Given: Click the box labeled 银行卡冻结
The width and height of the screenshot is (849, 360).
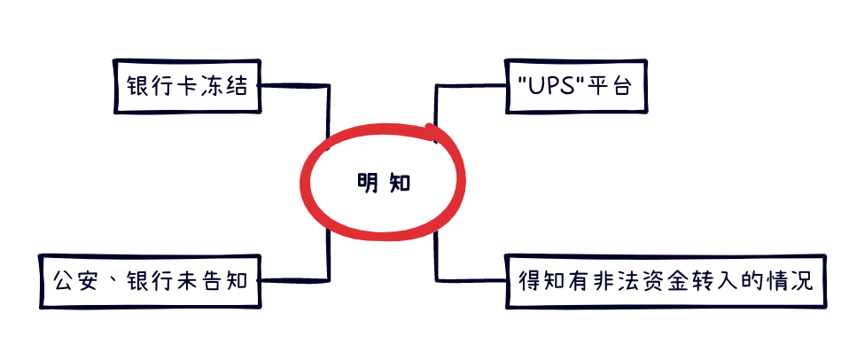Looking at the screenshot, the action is pyautogui.click(x=189, y=86).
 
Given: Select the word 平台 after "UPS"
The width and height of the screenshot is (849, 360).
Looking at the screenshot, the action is pyautogui.click(x=604, y=87).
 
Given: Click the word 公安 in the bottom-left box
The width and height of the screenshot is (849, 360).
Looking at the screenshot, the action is pyautogui.click(x=73, y=283).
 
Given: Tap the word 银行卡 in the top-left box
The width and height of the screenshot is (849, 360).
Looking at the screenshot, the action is pyautogui.click(x=160, y=87).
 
